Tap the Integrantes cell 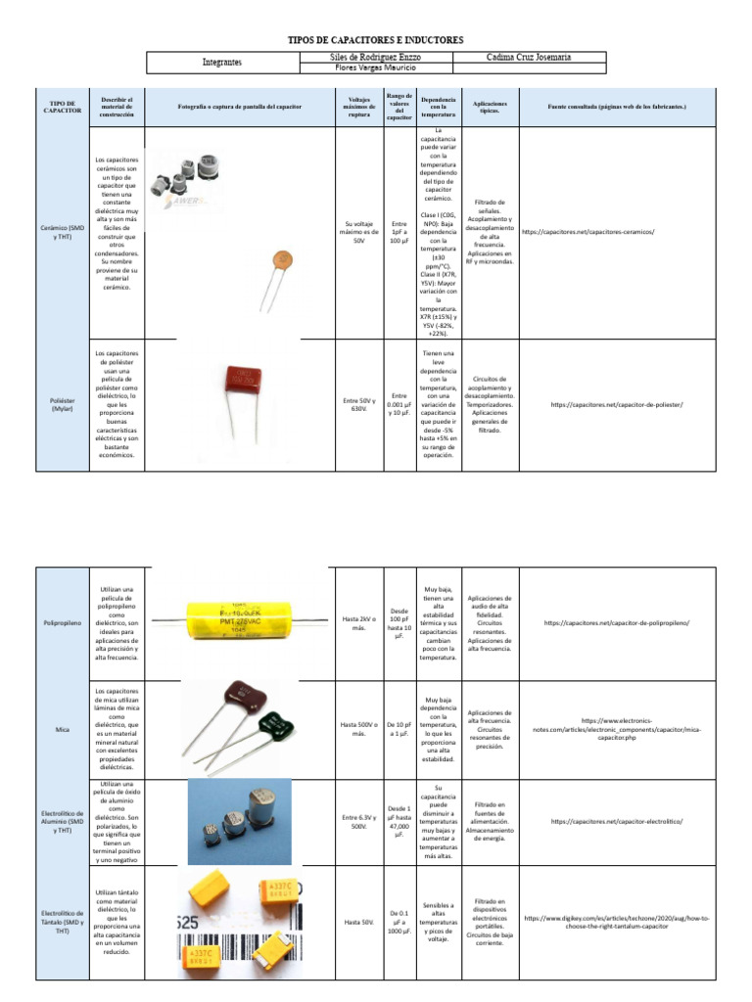coord(222,63)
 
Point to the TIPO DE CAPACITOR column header coord(62,106)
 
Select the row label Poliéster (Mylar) coord(62,404)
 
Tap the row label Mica coord(62,730)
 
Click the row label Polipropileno coord(62,622)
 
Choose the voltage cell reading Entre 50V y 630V coord(359,404)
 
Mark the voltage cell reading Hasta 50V coord(359,922)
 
